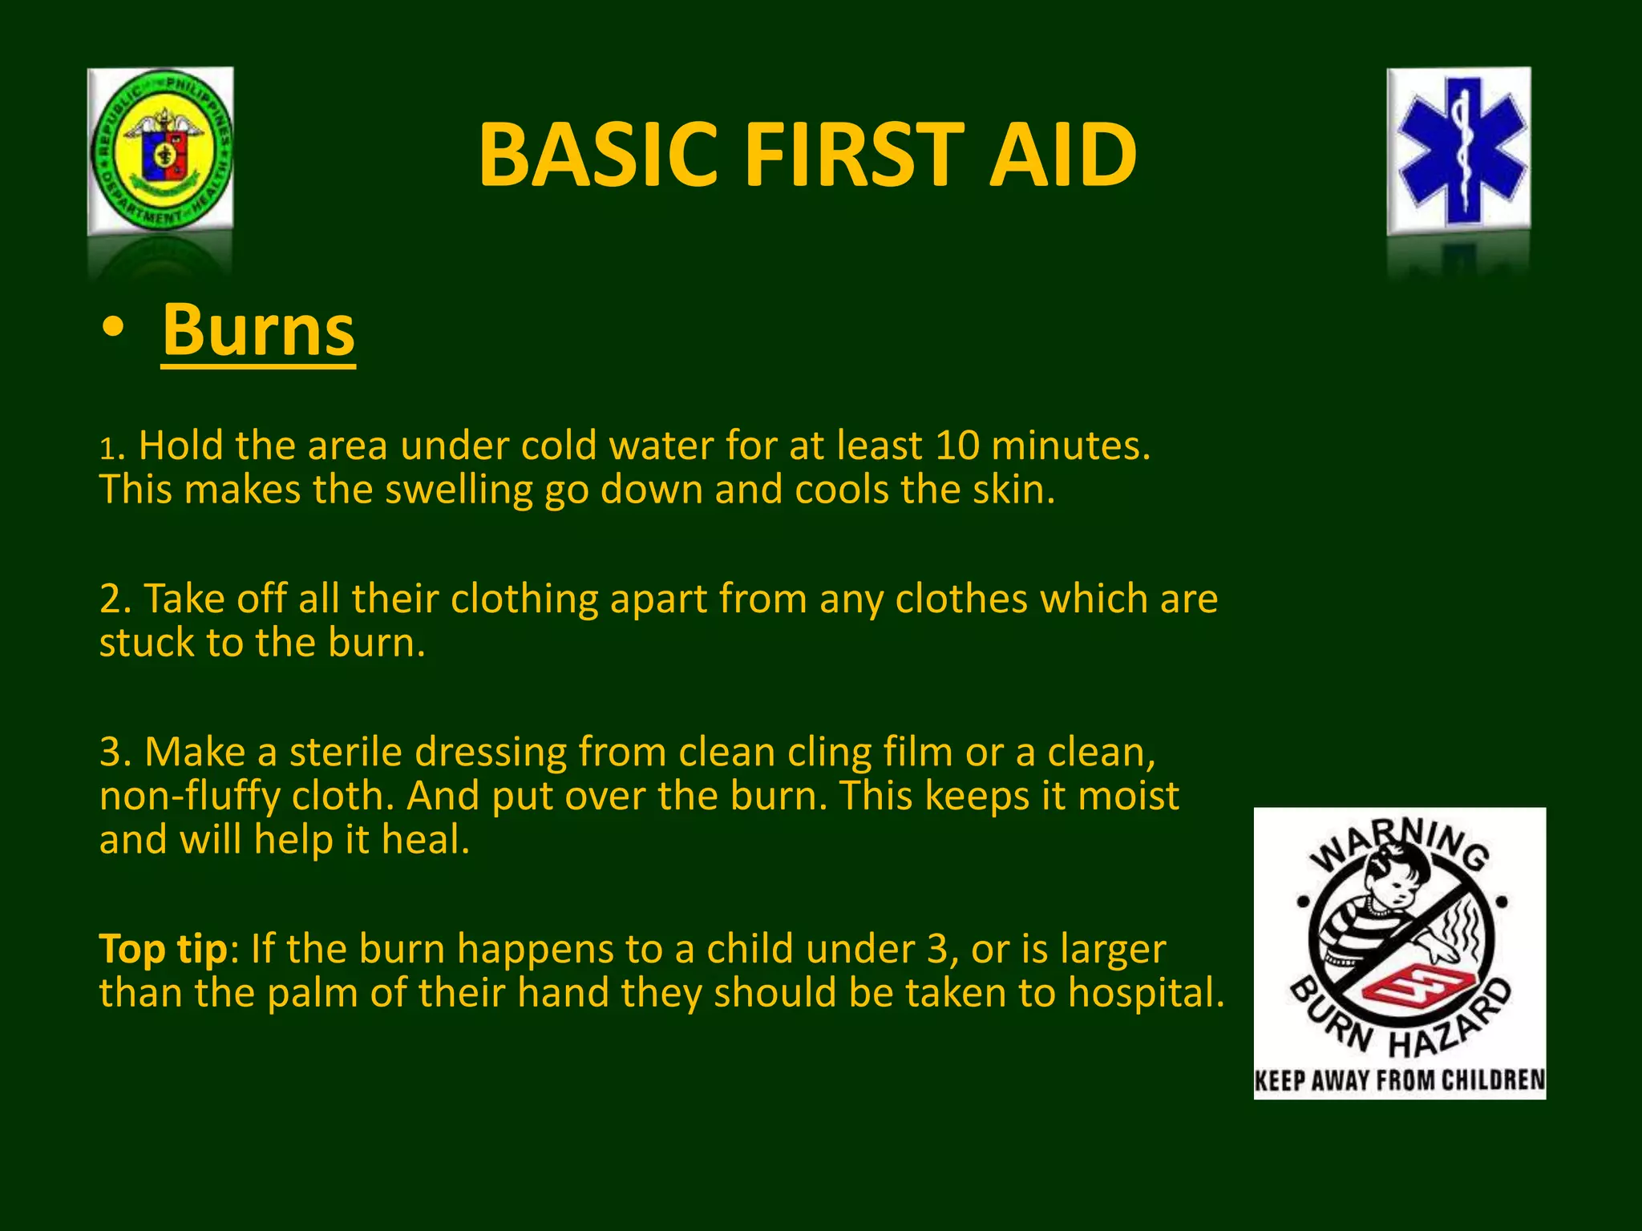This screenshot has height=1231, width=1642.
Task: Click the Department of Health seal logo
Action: [x=160, y=151]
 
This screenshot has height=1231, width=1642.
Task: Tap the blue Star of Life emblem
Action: [x=1459, y=151]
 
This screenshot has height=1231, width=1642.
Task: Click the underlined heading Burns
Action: [x=258, y=330]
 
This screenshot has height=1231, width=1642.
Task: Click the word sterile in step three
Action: [x=346, y=753]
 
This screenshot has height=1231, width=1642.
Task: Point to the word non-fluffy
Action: [x=189, y=797]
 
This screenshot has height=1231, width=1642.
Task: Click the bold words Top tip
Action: [x=164, y=949]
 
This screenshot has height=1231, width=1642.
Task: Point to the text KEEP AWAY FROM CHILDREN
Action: [x=1400, y=1080]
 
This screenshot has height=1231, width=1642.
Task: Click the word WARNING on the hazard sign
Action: [x=1399, y=842]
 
